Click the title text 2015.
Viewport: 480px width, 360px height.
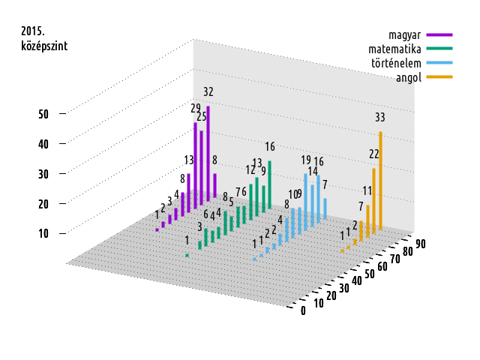(33, 31)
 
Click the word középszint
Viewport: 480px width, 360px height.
(44, 46)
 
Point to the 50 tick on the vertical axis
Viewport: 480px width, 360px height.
(43, 114)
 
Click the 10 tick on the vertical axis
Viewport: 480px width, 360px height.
(43, 233)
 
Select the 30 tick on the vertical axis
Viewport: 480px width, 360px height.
(43, 173)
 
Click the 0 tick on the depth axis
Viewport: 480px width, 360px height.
(303, 311)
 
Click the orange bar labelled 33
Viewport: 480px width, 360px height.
(380, 180)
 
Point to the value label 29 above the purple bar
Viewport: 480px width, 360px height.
(196, 108)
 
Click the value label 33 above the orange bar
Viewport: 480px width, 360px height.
(380, 117)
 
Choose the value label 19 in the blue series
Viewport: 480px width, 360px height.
(306, 160)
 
